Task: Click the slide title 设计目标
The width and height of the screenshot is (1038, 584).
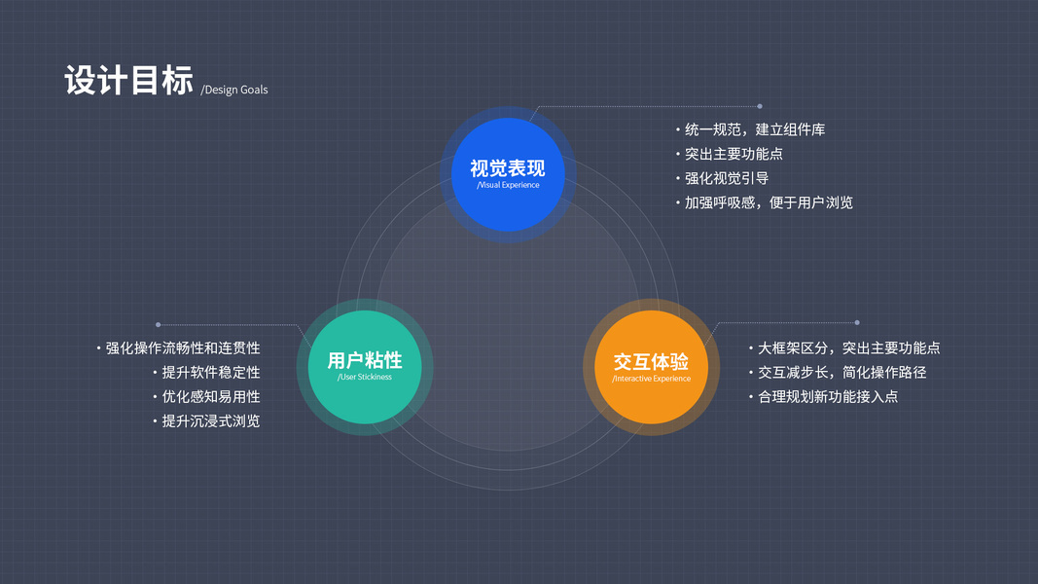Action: [x=128, y=81]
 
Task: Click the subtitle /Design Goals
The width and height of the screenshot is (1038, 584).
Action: [x=234, y=90]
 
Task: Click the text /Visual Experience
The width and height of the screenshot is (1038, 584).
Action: [x=508, y=185]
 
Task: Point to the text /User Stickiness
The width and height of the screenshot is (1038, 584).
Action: [x=365, y=377]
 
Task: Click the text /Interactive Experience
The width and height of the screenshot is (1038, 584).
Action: [x=651, y=379]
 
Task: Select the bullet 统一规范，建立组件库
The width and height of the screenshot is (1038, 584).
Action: [x=754, y=129]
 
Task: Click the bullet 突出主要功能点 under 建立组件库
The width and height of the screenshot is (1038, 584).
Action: [x=734, y=154]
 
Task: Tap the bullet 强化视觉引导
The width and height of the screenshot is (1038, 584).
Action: [x=727, y=178]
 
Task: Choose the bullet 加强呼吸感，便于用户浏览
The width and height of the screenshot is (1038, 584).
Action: [x=769, y=202]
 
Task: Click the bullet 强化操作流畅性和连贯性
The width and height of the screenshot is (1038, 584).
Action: [x=183, y=347]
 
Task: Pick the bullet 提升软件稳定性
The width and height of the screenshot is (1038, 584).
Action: [x=211, y=372]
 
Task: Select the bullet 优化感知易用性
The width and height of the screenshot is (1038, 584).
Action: [x=211, y=396]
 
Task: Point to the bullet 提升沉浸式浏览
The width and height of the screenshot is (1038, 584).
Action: [x=211, y=420]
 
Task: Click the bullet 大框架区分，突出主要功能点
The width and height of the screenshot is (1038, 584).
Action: [x=848, y=347]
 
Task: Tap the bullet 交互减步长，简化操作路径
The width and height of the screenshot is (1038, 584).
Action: [x=841, y=372]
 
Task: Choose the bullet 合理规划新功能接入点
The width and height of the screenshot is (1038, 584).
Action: [x=828, y=396]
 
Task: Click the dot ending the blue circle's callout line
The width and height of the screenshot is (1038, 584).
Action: [x=760, y=106]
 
